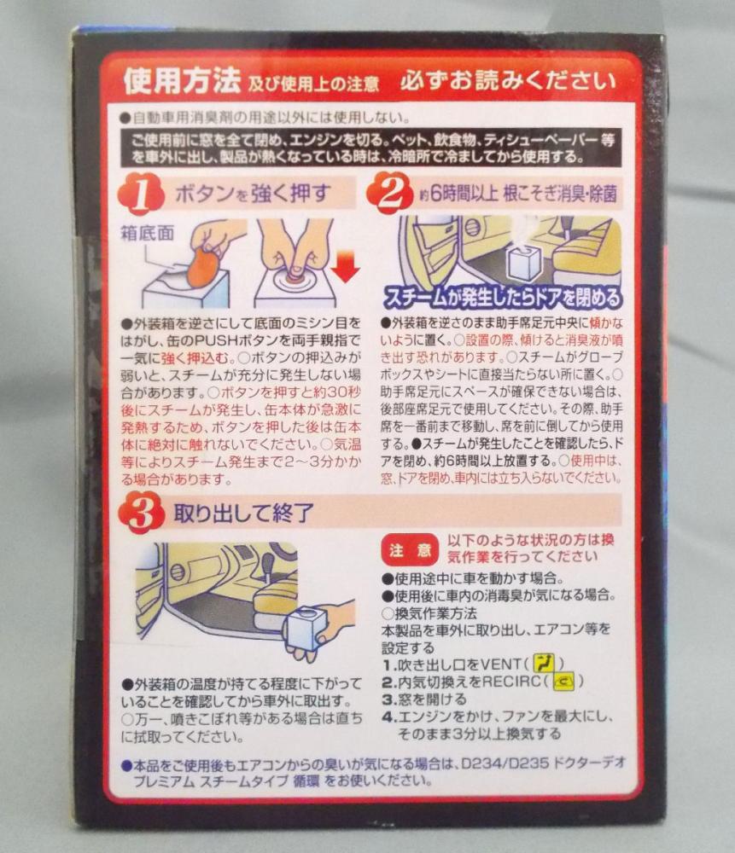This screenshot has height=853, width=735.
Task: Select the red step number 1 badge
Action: pos(141,194)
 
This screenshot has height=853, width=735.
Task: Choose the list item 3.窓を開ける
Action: pos(423,699)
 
